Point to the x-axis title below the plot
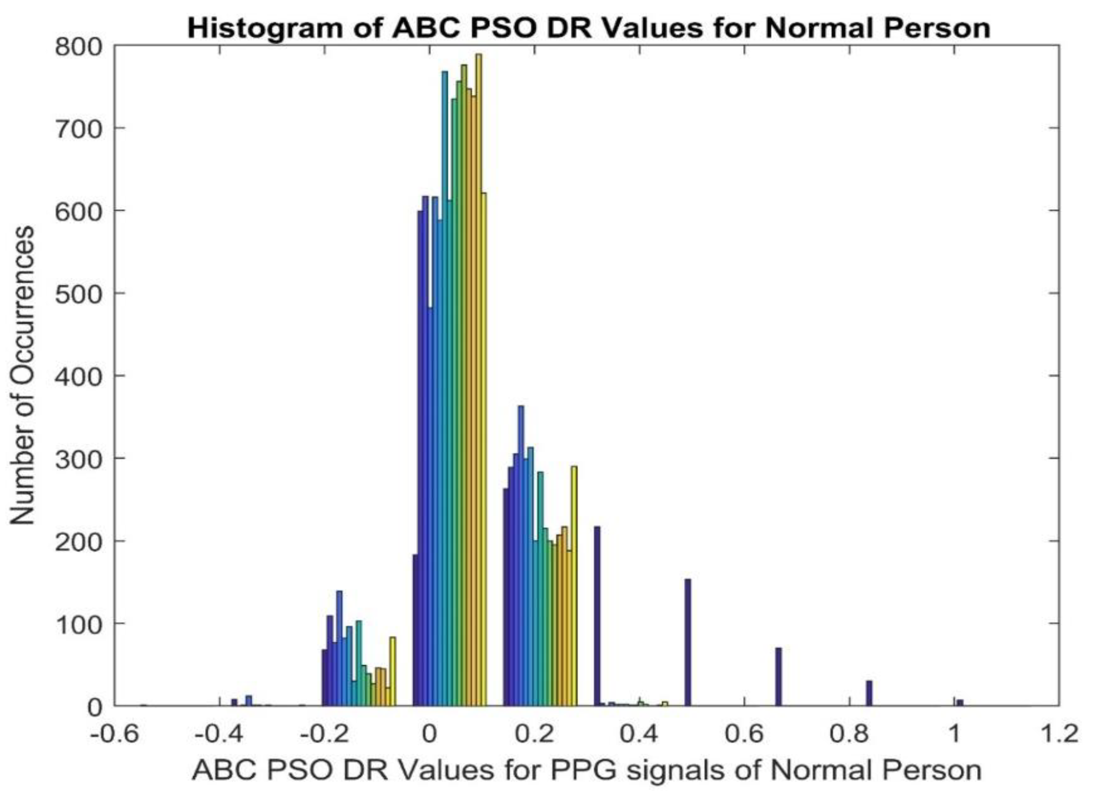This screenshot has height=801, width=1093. [587, 770]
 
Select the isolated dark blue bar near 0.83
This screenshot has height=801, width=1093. [869, 693]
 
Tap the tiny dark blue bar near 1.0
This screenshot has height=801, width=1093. [959, 703]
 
